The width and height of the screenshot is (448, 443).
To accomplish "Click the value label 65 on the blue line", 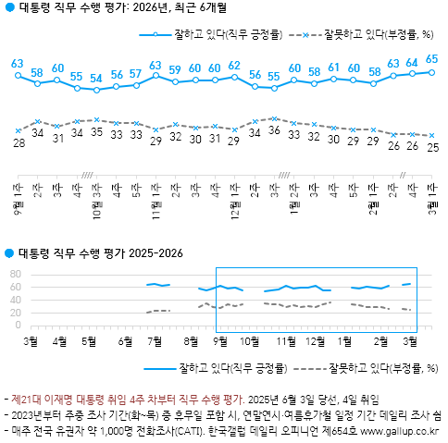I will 431,58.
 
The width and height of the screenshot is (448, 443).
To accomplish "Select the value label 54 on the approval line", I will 96,78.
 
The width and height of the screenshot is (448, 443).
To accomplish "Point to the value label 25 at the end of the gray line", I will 431,147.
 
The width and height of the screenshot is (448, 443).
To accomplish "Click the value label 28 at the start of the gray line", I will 18,144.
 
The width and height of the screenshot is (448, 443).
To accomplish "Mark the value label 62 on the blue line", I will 234,66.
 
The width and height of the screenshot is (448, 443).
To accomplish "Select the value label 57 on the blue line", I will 136,73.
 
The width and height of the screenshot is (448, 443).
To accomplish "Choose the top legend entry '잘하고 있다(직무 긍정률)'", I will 219,35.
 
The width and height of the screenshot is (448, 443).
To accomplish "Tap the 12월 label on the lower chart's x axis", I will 314,339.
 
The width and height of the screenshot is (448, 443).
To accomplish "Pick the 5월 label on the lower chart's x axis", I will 91,339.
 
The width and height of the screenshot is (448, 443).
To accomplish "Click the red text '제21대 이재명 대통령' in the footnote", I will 56,400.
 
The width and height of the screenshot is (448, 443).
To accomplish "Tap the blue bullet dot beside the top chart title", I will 8,11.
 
